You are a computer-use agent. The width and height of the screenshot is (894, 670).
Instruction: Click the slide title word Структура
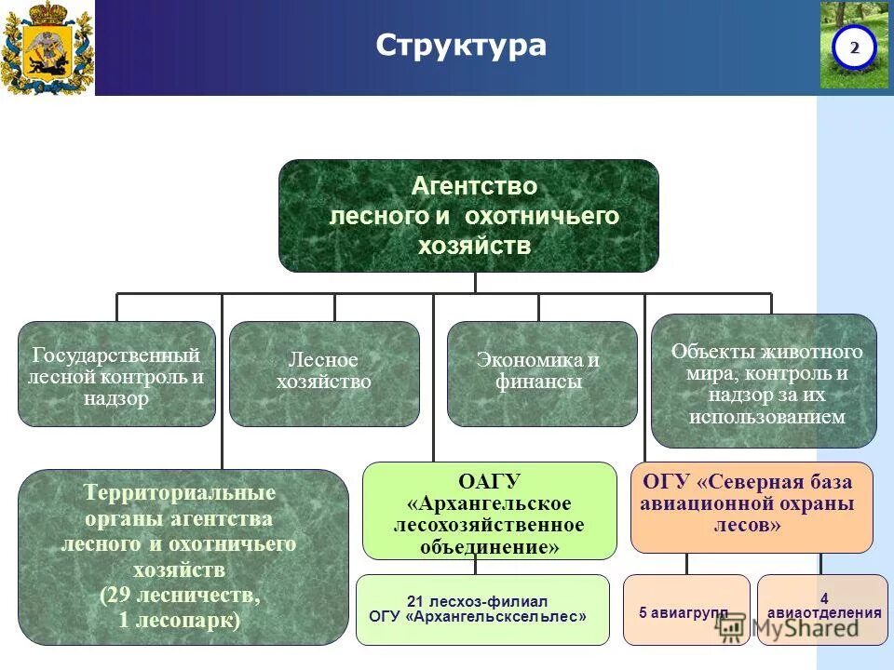pos(460,46)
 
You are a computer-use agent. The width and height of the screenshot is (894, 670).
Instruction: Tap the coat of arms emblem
pos(47,47)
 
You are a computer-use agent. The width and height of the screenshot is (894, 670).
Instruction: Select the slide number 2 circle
pos(854,47)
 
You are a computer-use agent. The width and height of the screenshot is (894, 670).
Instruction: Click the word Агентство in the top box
pos(474,187)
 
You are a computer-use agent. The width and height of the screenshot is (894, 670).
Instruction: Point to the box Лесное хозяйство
pos(323,372)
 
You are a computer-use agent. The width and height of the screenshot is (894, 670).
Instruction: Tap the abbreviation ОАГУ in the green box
pos(489,481)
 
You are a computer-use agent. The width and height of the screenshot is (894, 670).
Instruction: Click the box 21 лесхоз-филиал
pos(482,609)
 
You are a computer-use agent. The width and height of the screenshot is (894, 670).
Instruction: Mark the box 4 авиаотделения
pos(822,606)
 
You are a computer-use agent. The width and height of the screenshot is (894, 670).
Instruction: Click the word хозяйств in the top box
pos(474,247)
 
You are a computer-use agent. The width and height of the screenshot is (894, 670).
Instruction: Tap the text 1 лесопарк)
pos(179,620)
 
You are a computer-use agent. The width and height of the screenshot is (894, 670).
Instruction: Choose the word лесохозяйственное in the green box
pos(488,525)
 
